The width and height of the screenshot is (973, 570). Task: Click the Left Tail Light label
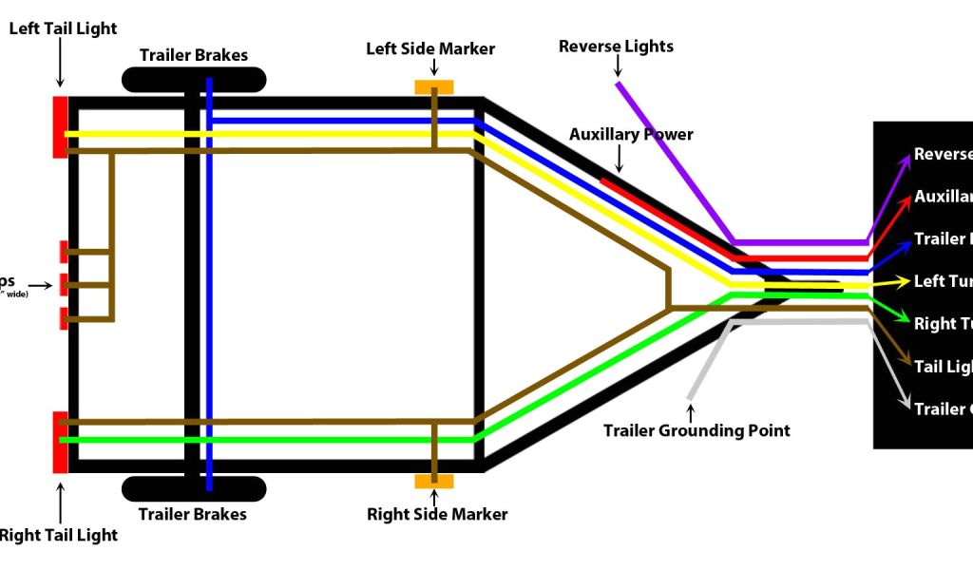click(63, 28)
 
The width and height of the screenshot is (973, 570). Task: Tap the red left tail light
click(60, 126)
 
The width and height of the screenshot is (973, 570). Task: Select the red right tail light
click(60, 442)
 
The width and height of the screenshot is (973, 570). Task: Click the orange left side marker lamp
click(434, 87)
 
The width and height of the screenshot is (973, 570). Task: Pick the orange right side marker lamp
click(434, 482)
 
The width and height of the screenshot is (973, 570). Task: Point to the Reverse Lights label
click(616, 47)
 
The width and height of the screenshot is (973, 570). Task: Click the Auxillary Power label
click(631, 135)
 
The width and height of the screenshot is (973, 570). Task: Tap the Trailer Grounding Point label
click(696, 430)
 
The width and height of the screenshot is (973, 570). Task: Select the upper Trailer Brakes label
click(193, 55)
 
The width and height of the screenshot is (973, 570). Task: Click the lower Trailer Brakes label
click(193, 514)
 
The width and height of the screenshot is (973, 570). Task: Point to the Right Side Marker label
click(437, 514)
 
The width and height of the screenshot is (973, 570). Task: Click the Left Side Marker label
click(430, 48)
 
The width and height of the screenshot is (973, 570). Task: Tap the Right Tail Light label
click(58, 535)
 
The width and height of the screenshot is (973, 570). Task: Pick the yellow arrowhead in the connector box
click(903, 282)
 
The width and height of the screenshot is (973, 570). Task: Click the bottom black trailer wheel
click(193, 488)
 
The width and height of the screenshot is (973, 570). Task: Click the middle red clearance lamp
click(65, 284)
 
